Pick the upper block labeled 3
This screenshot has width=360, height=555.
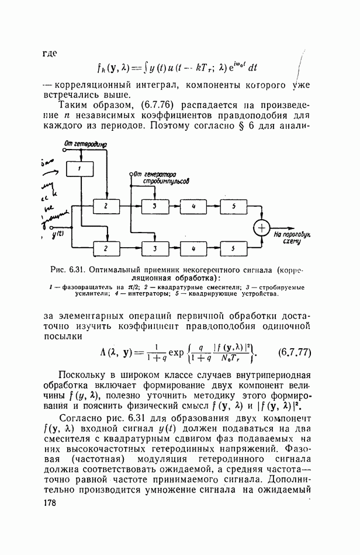154,207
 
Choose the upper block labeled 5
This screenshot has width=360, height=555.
233,207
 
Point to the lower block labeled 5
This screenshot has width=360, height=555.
233,248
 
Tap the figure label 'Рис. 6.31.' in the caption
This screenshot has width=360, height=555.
68,270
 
